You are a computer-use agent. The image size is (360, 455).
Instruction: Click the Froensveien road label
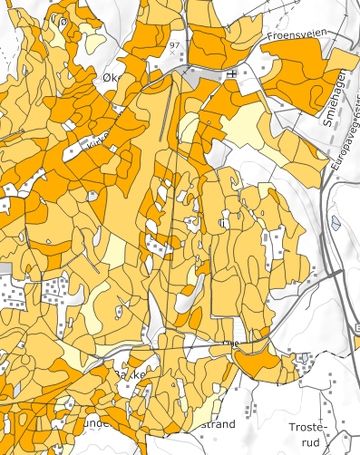click(x=296, y=35)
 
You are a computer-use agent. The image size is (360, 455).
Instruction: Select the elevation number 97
click(x=173, y=44)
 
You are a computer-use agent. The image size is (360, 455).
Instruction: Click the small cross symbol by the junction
click(x=232, y=73)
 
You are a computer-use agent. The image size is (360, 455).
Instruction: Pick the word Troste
click(x=305, y=426)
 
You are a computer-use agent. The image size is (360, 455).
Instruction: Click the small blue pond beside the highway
click(x=337, y=222)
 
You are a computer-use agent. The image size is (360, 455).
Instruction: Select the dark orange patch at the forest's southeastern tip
click(x=263, y=363)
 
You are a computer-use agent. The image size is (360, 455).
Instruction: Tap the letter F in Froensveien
click(x=271, y=35)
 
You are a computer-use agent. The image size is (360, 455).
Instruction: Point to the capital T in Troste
click(x=290, y=426)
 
